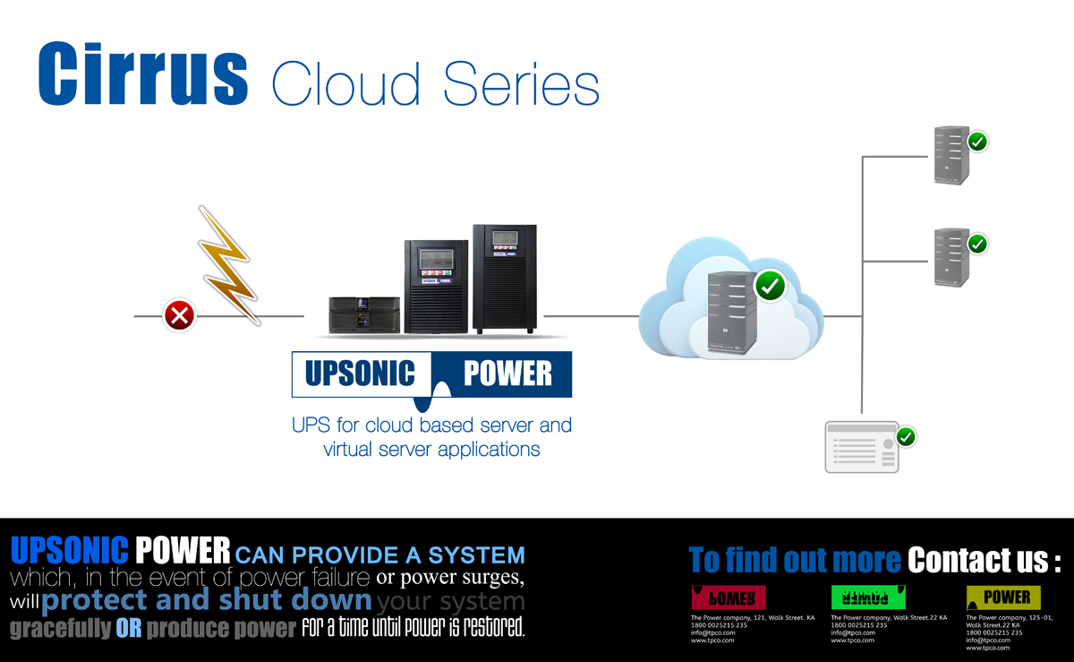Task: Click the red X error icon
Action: tap(180, 315)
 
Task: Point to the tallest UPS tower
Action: tap(505, 279)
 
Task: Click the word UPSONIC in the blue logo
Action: tap(361, 374)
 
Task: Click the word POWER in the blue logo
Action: tap(507, 374)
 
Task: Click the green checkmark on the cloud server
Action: tap(770, 287)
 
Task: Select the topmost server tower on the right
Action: tap(951, 155)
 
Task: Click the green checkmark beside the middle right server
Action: tap(977, 243)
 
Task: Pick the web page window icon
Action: tap(860, 447)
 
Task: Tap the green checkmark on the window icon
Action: tap(906, 437)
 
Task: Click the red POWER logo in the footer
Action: tap(729, 598)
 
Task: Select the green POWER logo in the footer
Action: tap(869, 598)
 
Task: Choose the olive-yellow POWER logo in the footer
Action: tap(1003, 598)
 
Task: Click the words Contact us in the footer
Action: tap(983, 561)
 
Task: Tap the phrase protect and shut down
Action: tap(206, 599)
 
